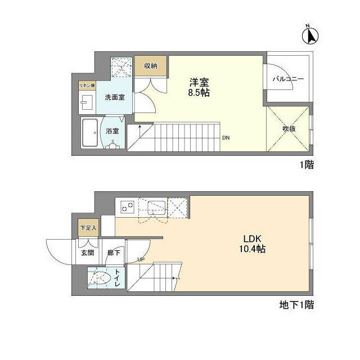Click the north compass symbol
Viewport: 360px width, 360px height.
click(309, 35)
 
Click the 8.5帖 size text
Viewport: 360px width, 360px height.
click(199, 92)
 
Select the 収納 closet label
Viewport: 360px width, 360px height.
click(150, 66)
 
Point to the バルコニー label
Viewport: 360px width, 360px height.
click(288, 79)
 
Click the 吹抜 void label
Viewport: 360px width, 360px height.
click(289, 128)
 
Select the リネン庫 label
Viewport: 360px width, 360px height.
click(87, 85)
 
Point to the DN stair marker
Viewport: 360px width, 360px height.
click(225, 137)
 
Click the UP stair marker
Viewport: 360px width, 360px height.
click(141, 259)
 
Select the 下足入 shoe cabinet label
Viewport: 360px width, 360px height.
click(87, 228)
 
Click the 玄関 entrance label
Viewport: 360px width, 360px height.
click(87, 253)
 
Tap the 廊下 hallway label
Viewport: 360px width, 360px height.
click(114, 253)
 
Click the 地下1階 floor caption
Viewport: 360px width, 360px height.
click(296, 305)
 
